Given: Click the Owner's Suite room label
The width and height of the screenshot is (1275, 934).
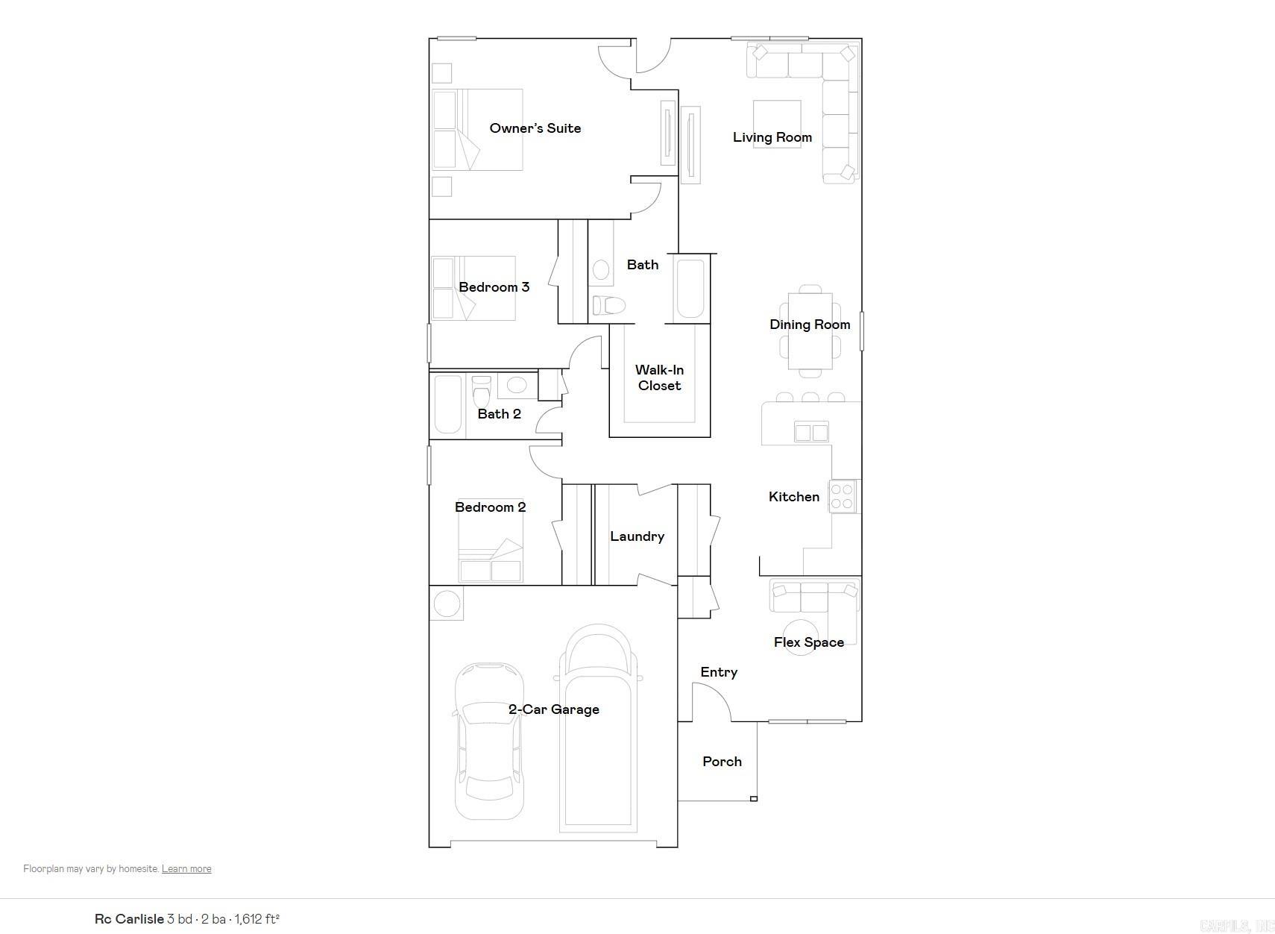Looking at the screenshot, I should [535, 128].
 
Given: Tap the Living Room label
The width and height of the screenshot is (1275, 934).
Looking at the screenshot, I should [772, 137].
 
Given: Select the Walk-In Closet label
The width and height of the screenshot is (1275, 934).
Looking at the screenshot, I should [659, 377].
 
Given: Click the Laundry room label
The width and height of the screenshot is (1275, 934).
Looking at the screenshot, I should [637, 536].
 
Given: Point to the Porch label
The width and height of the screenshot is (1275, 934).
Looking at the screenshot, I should [722, 762].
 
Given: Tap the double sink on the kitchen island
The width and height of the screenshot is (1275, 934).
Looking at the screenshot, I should [811, 432].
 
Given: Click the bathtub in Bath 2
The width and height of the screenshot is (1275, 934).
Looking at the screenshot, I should [447, 404].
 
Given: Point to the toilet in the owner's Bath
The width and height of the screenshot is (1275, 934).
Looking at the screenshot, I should [608, 305].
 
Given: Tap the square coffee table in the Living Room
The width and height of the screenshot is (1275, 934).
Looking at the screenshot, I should [777, 123].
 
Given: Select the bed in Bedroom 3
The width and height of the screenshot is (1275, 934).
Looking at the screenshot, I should [473, 288].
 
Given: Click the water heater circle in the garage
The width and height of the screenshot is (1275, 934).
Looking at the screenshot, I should [447, 604].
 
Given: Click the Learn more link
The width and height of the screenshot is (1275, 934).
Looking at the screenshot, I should [186, 869].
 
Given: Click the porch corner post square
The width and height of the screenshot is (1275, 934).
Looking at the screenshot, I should [754, 799].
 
